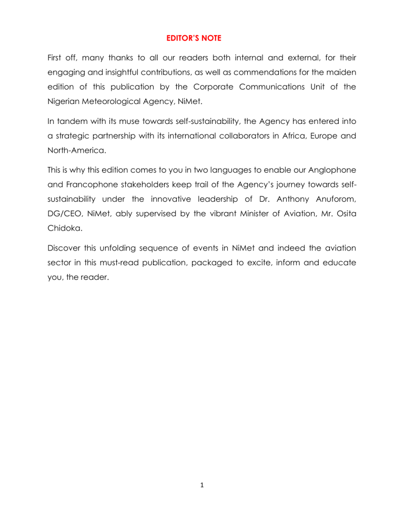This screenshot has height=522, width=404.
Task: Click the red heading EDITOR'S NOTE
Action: [x=201, y=37]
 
